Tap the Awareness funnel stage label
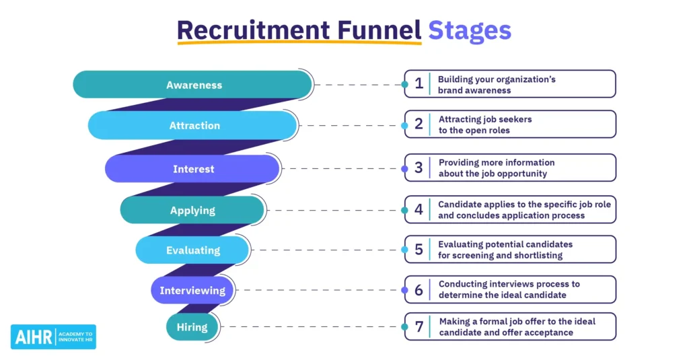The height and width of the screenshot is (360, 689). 194,85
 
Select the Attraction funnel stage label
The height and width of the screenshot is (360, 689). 194,126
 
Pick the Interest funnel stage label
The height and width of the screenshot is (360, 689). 193,169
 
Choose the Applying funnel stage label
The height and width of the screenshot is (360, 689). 192,211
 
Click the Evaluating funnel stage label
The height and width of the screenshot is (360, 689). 193,250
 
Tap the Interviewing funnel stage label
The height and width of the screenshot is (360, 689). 192,291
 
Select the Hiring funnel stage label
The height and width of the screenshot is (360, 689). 192,328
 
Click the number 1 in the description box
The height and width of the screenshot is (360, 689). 419,84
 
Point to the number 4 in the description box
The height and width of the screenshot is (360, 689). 419,209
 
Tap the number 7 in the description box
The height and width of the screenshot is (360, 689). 419,327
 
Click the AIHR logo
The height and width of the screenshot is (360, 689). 53,336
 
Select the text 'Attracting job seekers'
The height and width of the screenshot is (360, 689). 484,119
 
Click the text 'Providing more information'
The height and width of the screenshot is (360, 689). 497,162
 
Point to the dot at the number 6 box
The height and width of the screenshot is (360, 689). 404,291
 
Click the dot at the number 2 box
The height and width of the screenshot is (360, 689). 404,126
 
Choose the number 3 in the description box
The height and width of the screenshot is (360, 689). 419,168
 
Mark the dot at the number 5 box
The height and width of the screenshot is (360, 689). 404,250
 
